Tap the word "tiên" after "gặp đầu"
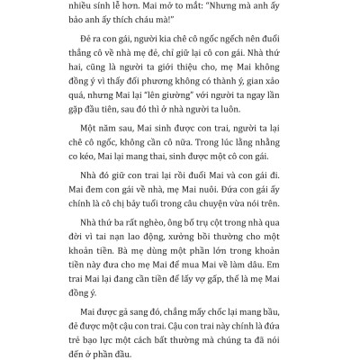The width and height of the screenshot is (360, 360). [160, 118]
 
